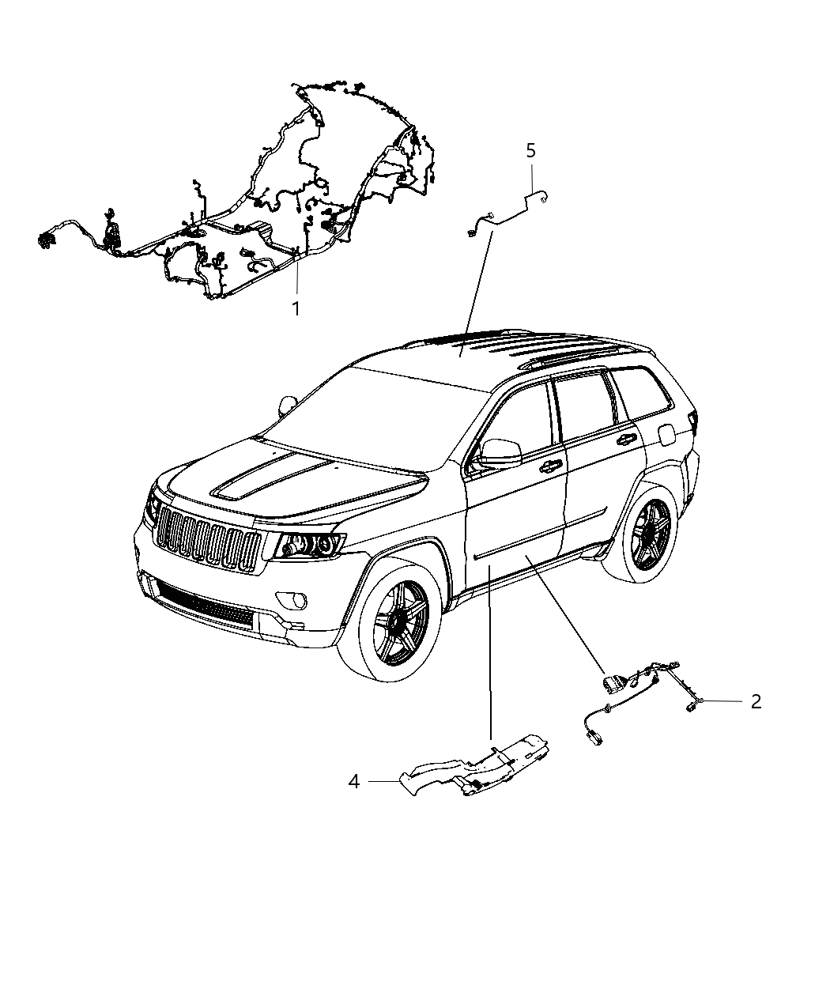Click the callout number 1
tap(296, 309)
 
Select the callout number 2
tap(756, 701)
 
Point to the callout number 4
tap(354, 781)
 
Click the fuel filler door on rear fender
tap(666, 433)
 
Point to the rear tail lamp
tap(694, 423)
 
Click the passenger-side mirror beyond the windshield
tap(289, 406)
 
